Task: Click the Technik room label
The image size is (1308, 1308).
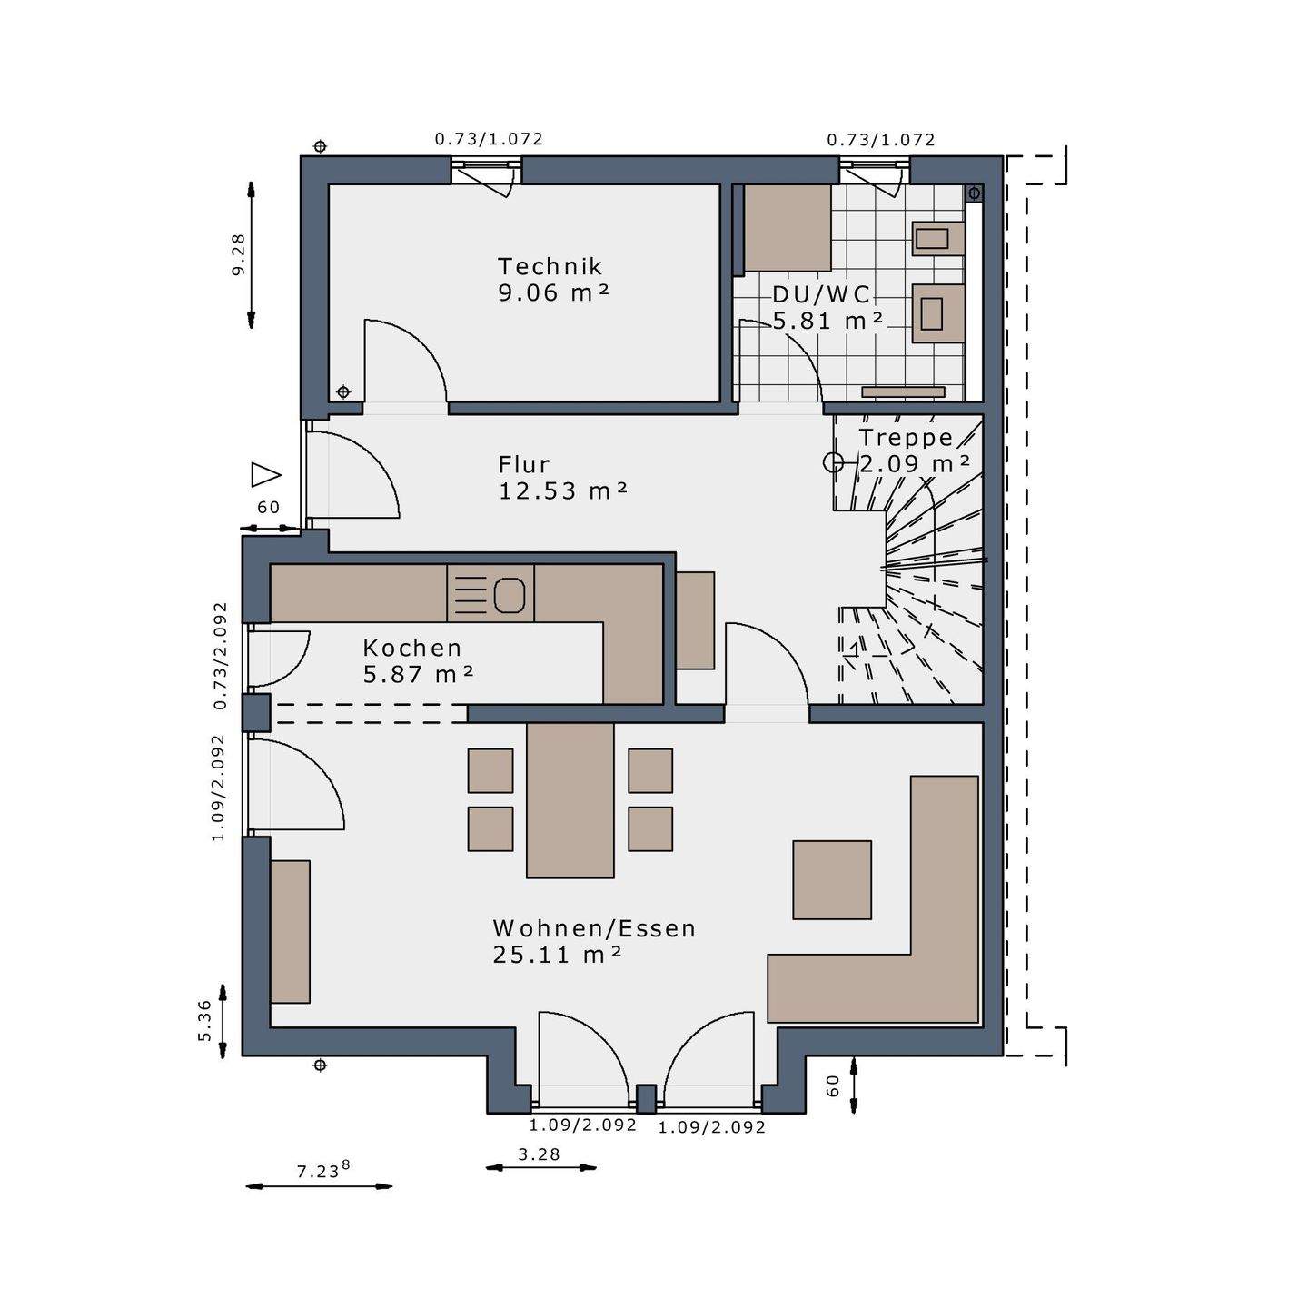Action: click(x=550, y=266)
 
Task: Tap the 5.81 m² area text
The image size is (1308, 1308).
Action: click(x=827, y=321)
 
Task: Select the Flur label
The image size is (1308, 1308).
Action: click(x=524, y=464)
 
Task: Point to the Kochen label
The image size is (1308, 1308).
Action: click(x=412, y=648)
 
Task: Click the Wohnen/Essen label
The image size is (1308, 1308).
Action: click(x=594, y=928)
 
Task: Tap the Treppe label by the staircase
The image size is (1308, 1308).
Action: click(x=906, y=438)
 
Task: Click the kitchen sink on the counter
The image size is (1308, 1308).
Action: click(x=509, y=595)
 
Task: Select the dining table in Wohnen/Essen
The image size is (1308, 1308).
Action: click(x=570, y=799)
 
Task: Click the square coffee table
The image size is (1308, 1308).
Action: click(x=831, y=879)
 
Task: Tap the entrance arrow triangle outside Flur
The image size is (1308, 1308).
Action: click(x=265, y=474)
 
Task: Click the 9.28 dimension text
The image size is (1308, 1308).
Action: click(x=239, y=254)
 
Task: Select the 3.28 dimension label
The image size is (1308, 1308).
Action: click(x=539, y=1154)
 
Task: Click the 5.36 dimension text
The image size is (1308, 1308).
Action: click(x=205, y=1021)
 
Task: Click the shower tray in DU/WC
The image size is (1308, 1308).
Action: click(x=787, y=227)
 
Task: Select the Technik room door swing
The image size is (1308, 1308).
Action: click(x=404, y=362)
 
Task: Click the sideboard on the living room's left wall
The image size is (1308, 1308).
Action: click(x=290, y=931)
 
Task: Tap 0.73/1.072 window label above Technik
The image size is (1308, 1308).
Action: click(x=489, y=139)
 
